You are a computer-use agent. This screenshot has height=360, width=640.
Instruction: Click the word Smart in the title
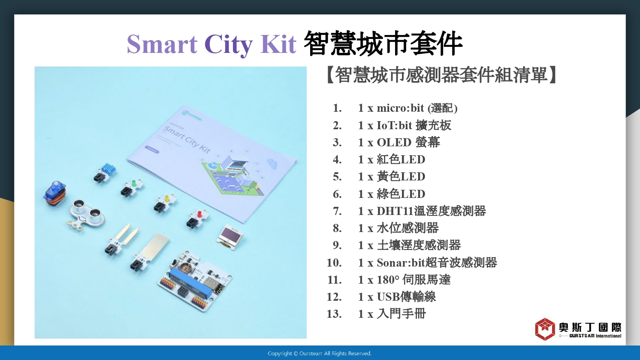(x=162, y=44)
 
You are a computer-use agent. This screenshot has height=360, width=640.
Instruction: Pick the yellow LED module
(x=165, y=203)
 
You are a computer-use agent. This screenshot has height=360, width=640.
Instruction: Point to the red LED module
(x=198, y=218)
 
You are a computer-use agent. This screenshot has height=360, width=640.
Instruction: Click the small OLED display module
(x=230, y=237)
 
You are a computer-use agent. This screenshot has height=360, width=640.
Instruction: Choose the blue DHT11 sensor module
(x=105, y=172)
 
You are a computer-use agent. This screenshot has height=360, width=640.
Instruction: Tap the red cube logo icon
(x=545, y=329)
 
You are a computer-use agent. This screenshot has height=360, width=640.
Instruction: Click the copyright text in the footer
(x=320, y=354)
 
